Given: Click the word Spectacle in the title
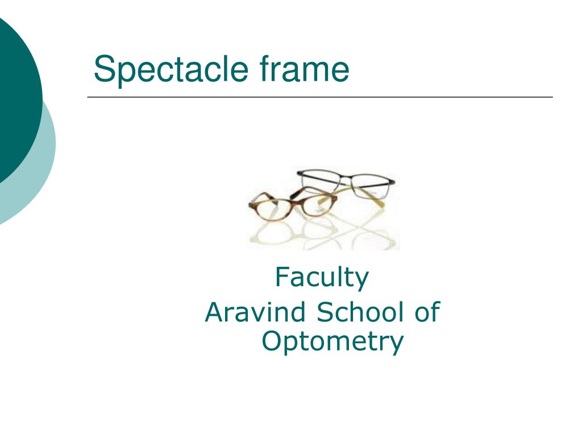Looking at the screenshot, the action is [x=171, y=70].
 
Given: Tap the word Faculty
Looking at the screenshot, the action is [x=322, y=278].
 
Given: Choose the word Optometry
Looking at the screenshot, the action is [x=332, y=342].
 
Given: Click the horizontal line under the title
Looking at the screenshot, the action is [x=320, y=97].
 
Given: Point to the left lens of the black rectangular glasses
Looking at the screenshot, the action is [x=320, y=182].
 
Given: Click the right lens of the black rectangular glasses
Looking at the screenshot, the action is [x=369, y=186].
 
